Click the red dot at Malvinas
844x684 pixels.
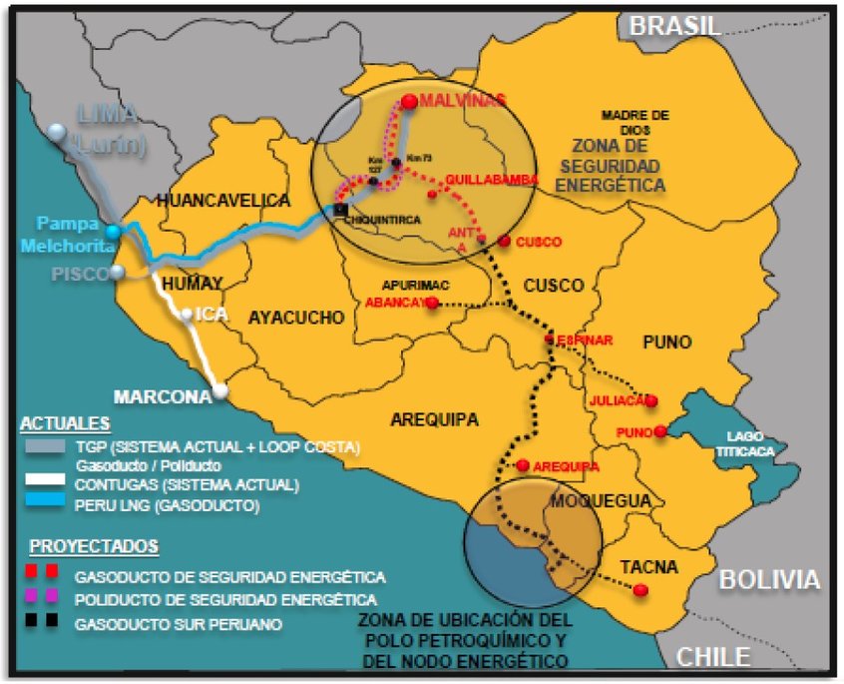[410, 101]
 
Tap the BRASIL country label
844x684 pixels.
[674, 25]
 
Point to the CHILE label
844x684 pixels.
[714, 656]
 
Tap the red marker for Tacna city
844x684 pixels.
[640, 591]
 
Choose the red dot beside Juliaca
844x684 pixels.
[651, 400]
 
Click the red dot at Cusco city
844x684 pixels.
[505, 242]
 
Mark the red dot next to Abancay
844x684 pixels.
[432, 302]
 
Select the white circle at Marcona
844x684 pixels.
[218, 391]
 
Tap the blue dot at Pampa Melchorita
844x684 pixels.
[114, 232]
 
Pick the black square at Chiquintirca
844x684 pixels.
[341, 210]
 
